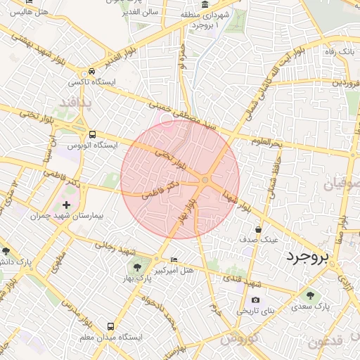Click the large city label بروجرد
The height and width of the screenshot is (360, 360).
(307, 257)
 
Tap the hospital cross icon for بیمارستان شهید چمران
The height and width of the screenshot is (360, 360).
(67, 205)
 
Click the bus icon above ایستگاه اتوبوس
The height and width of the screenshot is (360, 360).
(92, 134)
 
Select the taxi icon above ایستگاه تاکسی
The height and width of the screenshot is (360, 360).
(91, 72)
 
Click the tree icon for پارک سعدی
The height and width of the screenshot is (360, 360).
(311, 295)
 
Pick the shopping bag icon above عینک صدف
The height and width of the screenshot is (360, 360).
(259, 229)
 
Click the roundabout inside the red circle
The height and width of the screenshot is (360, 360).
(205, 181)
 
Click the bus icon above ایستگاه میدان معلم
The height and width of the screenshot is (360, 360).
(110, 326)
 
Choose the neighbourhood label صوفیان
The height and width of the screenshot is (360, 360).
(342, 184)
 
